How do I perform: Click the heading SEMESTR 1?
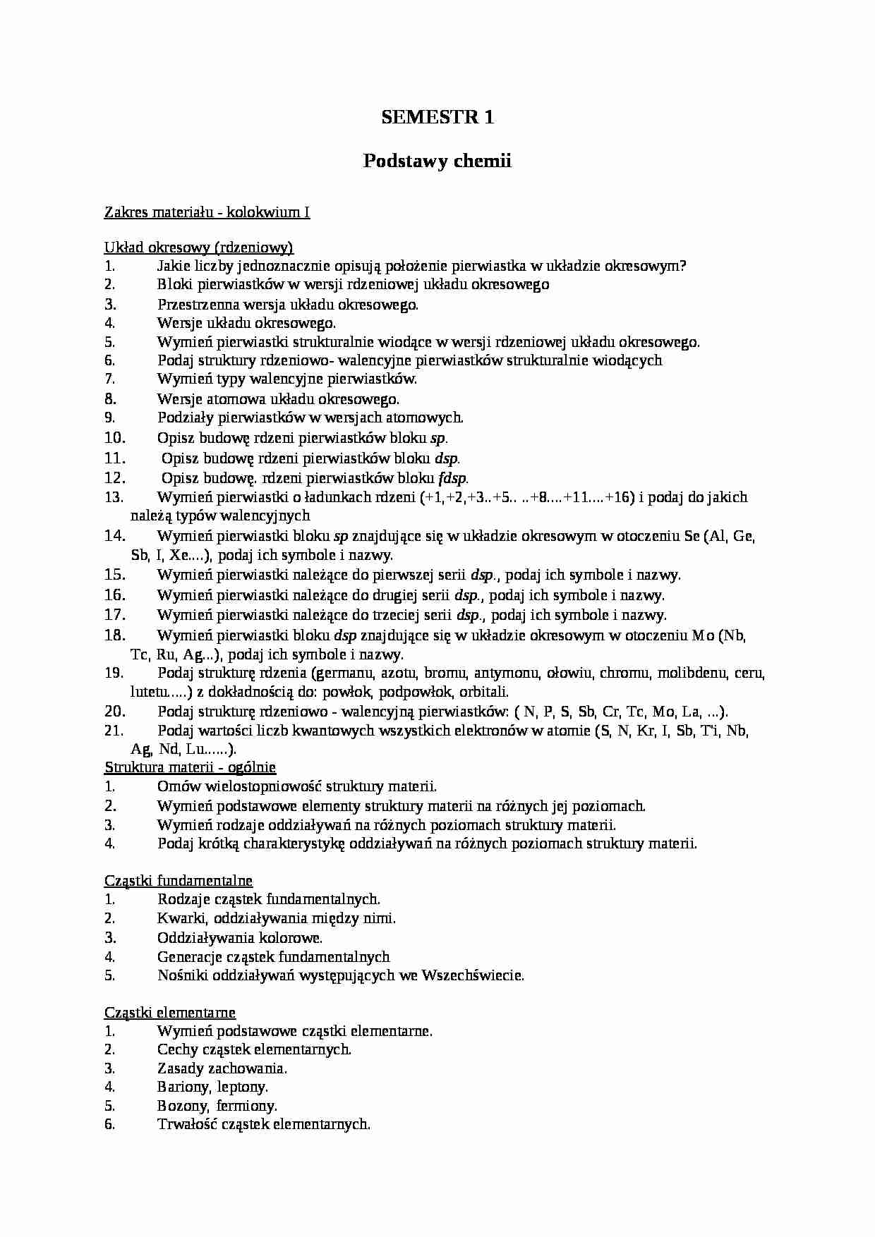(x=437, y=117)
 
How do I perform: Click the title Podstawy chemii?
(x=437, y=162)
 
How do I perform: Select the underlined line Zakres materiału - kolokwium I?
(x=207, y=212)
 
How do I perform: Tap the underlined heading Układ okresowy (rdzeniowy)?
(x=199, y=247)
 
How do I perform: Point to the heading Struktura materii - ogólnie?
(x=190, y=767)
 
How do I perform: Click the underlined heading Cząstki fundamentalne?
(x=179, y=880)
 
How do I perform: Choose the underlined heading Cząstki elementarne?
(x=170, y=1012)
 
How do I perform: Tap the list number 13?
(x=114, y=497)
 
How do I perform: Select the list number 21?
(x=114, y=730)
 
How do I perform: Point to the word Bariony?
(x=183, y=1087)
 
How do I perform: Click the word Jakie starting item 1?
(x=174, y=266)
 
